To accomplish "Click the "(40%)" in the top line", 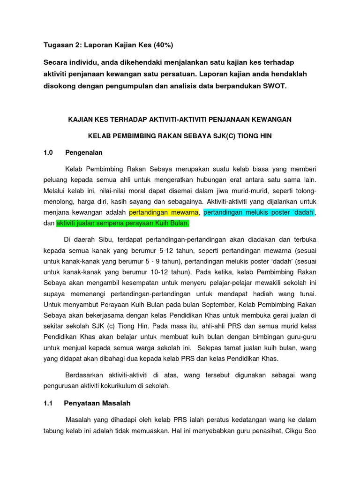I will click(x=161, y=45).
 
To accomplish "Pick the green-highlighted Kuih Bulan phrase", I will click(x=123, y=224).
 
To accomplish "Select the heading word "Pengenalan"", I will click(x=84, y=152).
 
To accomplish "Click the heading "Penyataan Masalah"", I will click(x=97, y=403).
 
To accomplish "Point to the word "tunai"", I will click(x=307, y=293).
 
